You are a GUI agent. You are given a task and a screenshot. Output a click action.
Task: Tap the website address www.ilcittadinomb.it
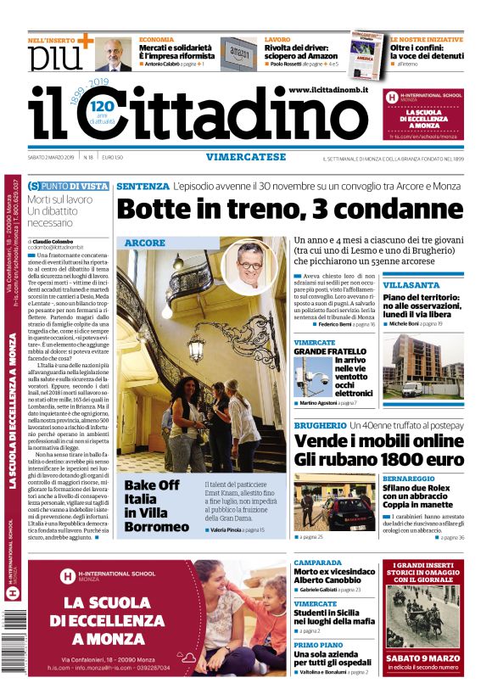(327, 90)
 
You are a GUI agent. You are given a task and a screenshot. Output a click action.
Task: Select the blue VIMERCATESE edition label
(245, 157)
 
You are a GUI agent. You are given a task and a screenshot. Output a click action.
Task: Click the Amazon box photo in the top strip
(238, 53)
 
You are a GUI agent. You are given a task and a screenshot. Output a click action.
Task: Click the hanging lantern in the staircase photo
(197, 343)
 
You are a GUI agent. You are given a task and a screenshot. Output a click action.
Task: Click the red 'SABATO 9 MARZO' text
(423, 657)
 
